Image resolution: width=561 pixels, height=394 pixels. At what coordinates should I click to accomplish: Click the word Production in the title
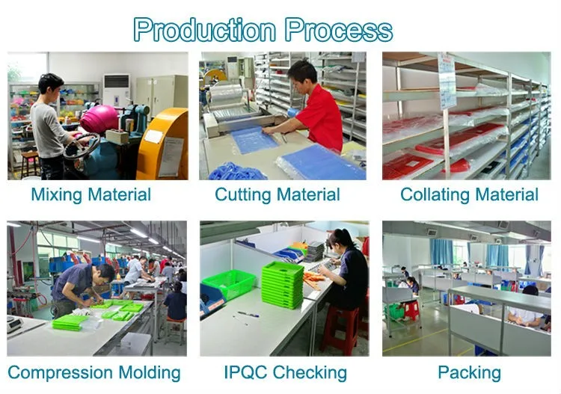click(x=205, y=31)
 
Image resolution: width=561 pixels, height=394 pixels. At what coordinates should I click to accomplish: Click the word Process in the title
click(x=338, y=31)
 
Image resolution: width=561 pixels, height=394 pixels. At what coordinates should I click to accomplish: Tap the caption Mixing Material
click(x=91, y=195)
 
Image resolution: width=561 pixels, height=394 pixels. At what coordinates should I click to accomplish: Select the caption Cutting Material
click(x=278, y=195)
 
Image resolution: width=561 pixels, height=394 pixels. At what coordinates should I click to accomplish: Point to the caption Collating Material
click(x=469, y=195)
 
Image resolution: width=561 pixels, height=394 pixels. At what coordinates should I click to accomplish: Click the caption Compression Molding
click(x=94, y=372)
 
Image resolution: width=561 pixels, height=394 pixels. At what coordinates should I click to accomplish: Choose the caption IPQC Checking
click(x=285, y=372)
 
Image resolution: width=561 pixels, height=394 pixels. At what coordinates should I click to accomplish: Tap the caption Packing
click(x=469, y=372)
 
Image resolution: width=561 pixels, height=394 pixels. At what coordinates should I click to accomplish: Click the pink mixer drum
click(x=99, y=119)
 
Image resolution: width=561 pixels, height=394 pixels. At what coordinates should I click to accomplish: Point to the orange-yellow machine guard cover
click(x=163, y=145)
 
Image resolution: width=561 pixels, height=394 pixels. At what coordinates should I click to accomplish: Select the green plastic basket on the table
click(x=229, y=283)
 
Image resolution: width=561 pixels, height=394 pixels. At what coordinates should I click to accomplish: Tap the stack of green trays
click(x=283, y=285)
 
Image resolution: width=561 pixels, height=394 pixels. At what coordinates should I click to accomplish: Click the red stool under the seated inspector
click(x=340, y=330)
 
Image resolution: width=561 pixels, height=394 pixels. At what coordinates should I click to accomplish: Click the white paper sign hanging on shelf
click(x=447, y=81)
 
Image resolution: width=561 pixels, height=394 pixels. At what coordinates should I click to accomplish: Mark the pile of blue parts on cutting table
click(x=236, y=171)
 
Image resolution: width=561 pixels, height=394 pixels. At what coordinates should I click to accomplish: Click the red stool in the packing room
click(x=410, y=310)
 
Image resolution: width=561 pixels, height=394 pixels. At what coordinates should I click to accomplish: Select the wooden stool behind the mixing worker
click(x=30, y=164)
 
